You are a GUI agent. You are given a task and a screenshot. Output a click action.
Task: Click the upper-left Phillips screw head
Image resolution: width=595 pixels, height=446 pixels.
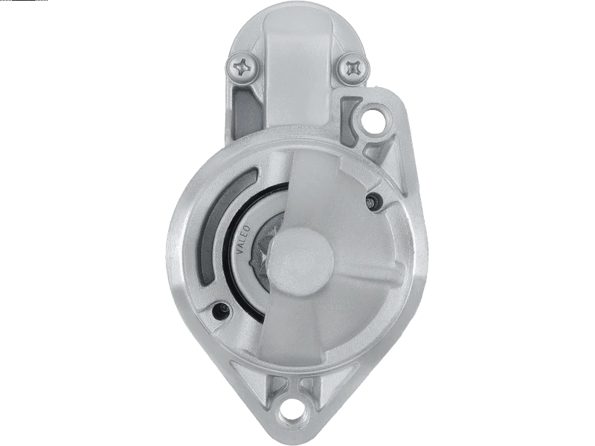(x=244, y=68)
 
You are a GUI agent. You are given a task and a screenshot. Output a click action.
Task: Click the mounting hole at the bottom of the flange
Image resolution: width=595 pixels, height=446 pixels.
(x=297, y=413)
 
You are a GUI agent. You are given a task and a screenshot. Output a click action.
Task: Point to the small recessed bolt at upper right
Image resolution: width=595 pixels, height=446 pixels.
(x=371, y=199)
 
